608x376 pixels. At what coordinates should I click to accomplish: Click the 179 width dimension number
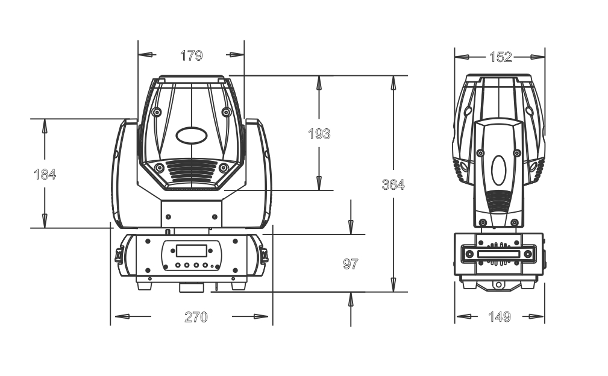click(x=192, y=55)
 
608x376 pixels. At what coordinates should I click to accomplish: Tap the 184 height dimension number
click(x=45, y=174)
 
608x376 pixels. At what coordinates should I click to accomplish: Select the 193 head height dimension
click(x=319, y=134)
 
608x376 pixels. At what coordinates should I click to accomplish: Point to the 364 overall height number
click(x=393, y=184)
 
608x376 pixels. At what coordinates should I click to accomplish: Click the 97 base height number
click(x=351, y=264)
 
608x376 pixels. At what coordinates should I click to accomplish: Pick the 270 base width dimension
click(x=196, y=317)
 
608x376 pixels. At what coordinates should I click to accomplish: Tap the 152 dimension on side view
click(x=501, y=57)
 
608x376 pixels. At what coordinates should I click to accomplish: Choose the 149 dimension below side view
click(x=500, y=317)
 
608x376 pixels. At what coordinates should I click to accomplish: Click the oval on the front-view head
click(x=191, y=136)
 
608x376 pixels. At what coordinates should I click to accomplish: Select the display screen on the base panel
click(x=192, y=251)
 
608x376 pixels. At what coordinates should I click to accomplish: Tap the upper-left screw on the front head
click(x=157, y=113)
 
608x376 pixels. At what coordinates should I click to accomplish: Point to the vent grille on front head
click(x=192, y=171)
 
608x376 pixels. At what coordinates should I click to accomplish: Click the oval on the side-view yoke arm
click(x=499, y=170)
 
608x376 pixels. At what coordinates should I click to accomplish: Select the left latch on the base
click(x=119, y=255)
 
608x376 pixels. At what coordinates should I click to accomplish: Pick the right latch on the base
click(x=264, y=255)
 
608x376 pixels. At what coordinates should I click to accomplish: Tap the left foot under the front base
click(x=144, y=286)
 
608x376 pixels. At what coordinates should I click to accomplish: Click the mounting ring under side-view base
click(x=498, y=286)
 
